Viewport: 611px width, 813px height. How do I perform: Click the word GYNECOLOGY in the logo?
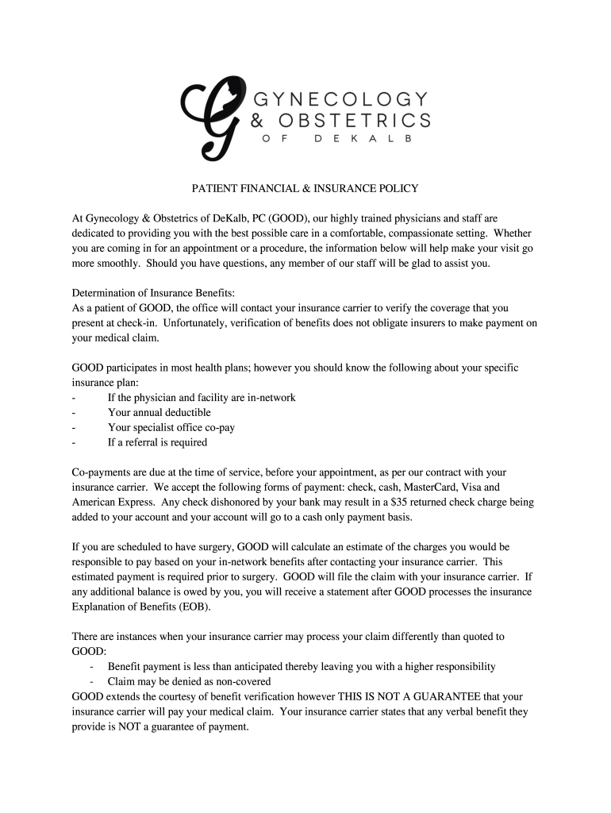[340, 98]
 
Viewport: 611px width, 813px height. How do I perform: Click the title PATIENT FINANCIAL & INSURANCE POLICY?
[305, 189]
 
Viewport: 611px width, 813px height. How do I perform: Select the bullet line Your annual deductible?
[159, 412]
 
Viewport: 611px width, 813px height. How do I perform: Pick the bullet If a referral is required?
[157, 442]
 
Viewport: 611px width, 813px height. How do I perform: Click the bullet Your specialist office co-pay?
[171, 427]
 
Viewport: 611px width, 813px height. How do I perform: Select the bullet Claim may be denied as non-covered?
[189, 681]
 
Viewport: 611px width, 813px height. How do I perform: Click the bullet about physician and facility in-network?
[202, 397]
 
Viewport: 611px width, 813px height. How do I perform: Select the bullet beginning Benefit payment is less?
[302, 666]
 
